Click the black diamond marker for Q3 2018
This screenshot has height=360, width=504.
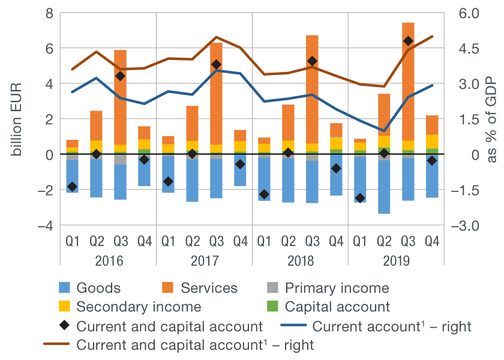coord(312,61)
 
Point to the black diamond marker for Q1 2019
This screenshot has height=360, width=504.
coord(360,198)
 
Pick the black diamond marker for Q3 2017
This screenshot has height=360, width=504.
coord(216,65)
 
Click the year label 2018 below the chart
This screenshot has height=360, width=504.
coord(300,261)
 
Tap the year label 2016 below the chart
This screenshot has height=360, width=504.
coord(108,261)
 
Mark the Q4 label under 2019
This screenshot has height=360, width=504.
coord(432,242)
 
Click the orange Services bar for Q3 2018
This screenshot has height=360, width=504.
coord(312,108)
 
